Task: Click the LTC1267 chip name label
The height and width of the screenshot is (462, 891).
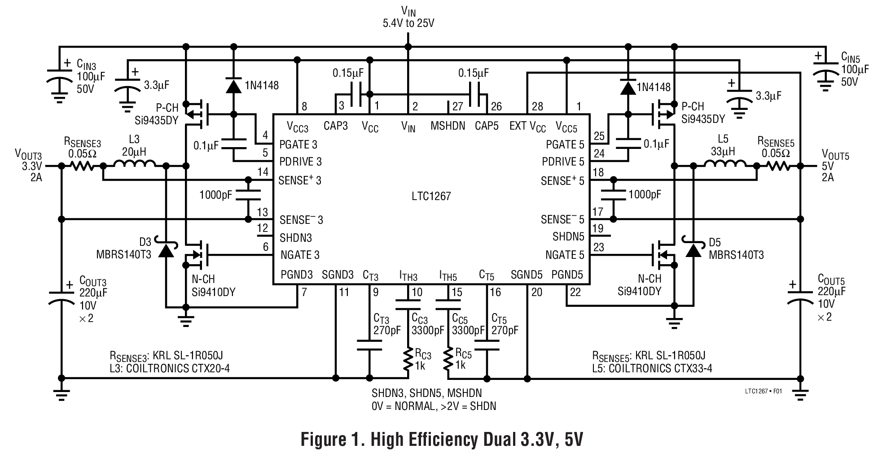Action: click(431, 196)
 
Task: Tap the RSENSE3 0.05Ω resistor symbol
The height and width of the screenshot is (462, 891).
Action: click(82, 166)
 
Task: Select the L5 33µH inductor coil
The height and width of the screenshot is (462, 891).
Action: click(725, 166)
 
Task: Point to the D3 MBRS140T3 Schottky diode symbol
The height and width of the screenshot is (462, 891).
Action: click(166, 251)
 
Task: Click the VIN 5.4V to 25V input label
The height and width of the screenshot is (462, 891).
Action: click(408, 17)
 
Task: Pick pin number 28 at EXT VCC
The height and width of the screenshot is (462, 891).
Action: click(537, 107)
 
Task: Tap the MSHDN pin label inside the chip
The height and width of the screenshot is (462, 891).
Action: click(448, 126)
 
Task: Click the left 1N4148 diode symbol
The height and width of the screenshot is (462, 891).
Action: click(233, 85)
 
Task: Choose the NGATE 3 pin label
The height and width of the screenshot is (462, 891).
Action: click(299, 255)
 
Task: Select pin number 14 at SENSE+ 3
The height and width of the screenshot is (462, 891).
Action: click(263, 172)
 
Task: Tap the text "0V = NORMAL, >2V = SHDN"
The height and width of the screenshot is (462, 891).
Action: click(433, 406)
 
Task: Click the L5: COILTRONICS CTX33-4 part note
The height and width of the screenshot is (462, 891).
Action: click(652, 369)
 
